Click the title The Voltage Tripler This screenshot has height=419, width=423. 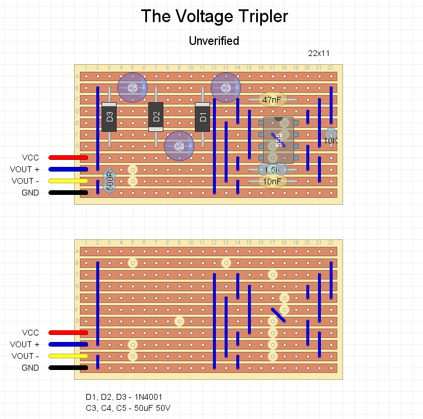214,16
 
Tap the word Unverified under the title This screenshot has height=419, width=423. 214,41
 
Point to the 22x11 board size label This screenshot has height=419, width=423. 319,53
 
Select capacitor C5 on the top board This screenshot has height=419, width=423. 132,88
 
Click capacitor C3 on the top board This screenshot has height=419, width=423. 226,88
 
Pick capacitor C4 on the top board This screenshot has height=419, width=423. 179,146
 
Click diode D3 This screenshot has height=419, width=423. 109,117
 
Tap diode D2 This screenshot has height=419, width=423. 156,117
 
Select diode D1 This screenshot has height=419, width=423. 202,117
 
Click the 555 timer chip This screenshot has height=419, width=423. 278,140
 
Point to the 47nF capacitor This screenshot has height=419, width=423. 272,100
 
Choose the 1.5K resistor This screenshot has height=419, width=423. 272,170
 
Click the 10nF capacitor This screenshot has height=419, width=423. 272,181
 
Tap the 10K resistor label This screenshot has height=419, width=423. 330,140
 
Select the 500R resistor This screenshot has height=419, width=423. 109,181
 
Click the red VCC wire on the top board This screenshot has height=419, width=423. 68,158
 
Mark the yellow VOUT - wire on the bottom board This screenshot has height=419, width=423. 68,356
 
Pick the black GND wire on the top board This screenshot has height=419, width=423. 68,193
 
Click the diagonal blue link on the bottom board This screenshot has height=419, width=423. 278,315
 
